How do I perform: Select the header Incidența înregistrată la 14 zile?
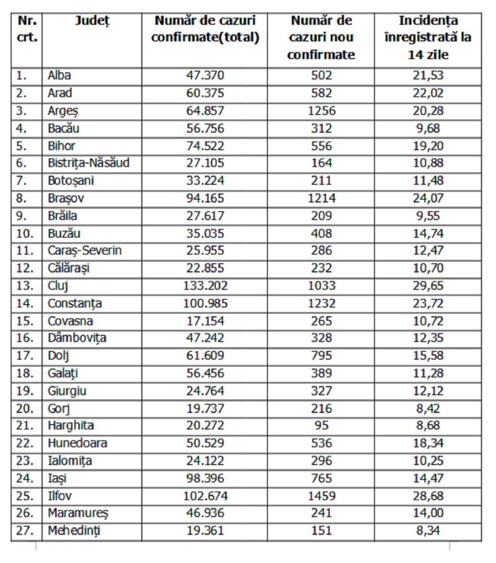pos(428,37)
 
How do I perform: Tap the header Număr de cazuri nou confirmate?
pos(321,37)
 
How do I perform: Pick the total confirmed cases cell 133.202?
pos(205,286)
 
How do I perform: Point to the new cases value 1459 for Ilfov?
pos(321,495)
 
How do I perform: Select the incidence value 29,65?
pos(428,286)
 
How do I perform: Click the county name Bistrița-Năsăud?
pos(89,164)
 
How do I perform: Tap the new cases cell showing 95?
pos(321,426)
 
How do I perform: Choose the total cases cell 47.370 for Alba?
pos(205,76)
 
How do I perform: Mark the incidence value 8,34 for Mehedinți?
pos(428,531)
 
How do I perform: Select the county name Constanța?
pos(75,304)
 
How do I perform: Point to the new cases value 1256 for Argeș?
pos(321,111)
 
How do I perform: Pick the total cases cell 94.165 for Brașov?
pos(205,198)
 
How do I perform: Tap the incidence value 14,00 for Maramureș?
pos(428,513)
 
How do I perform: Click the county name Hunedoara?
pos(77,443)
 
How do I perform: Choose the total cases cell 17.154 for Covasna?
pos(205,321)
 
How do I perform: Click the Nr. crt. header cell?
pos(27,29)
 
